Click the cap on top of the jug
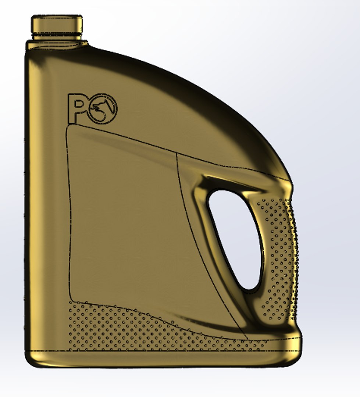coord(57,24)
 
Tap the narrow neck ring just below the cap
coord(57,36)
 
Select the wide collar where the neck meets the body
coord(57,45)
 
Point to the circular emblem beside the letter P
coord(104,109)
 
